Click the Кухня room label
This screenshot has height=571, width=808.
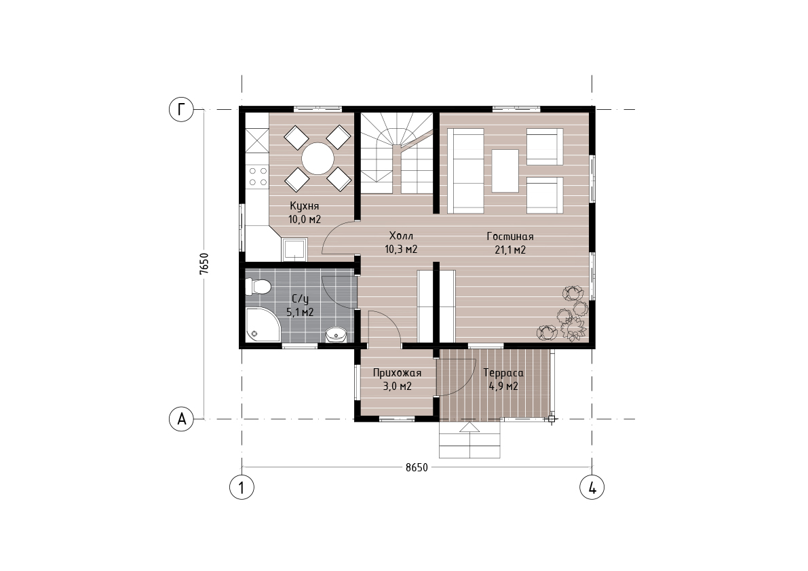click(x=304, y=206)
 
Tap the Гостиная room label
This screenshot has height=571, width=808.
click(x=510, y=237)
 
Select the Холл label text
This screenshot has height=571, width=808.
click(x=401, y=236)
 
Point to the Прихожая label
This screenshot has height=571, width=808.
click(x=397, y=373)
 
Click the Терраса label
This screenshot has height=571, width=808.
click(x=503, y=373)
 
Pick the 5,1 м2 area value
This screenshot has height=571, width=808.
click(x=300, y=313)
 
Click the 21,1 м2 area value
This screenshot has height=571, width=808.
click(x=510, y=250)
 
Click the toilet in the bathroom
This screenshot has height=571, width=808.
click(x=258, y=286)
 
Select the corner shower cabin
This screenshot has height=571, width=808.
click(x=261, y=326)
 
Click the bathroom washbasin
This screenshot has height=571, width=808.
click(x=336, y=335)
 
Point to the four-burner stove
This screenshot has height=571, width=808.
click(x=257, y=176)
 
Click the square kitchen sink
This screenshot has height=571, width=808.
click(x=294, y=250)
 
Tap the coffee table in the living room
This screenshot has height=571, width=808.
click(x=505, y=171)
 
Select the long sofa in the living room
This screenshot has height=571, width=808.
click(x=466, y=171)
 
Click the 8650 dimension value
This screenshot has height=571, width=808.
click(x=417, y=467)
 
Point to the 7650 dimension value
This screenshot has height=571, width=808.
click(x=204, y=264)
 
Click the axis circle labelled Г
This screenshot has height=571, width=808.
click(x=181, y=109)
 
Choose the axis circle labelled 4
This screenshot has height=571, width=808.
click(x=592, y=487)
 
